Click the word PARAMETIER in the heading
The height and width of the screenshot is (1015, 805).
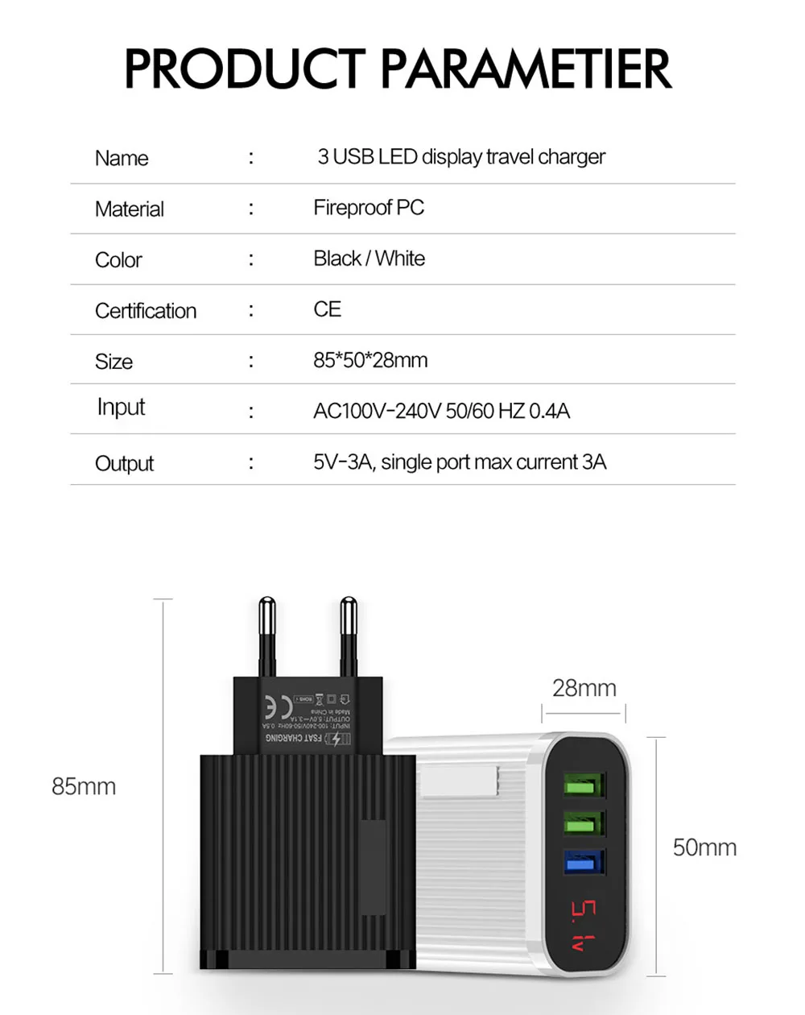pyautogui.click(x=526, y=68)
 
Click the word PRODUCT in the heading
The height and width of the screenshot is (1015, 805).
pyautogui.click(x=245, y=68)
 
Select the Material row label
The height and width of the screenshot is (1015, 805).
pyautogui.click(x=129, y=209)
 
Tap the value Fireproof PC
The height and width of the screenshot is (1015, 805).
pyautogui.click(x=369, y=208)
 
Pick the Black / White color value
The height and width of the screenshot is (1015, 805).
pyautogui.click(x=369, y=259)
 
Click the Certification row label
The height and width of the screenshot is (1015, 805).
pyautogui.click(x=146, y=311)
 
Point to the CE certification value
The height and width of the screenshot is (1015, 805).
pyautogui.click(x=327, y=309)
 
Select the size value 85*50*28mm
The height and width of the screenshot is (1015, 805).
pyautogui.click(x=370, y=360)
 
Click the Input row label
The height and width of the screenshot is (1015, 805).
pyautogui.click(x=121, y=408)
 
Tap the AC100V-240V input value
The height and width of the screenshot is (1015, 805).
pyautogui.click(x=441, y=411)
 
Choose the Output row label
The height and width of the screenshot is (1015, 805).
pyautogui.click(x=124, y=463)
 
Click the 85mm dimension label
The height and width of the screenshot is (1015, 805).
pyautogui.click(x=84, y=786)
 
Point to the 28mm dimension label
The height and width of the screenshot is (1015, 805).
pyautogui.click(x=584, y=688)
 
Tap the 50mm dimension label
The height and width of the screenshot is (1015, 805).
pyautogui.click(x=704, y=847)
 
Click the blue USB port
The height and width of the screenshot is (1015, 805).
pyautogui.click(x=584, y=864)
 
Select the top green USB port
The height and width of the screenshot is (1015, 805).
pyautogui.click(x=584, y=785)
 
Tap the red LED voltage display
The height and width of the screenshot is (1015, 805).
pyautogui.click(x=584, y=926)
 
